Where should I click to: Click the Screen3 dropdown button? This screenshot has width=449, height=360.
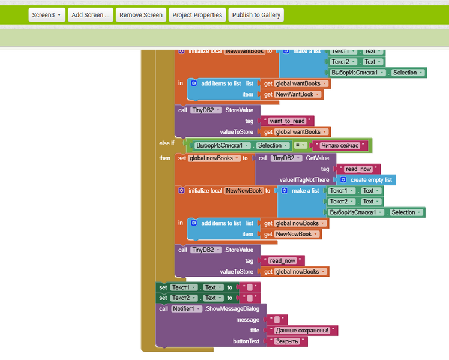(x=47, y=15)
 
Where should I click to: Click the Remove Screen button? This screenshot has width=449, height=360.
(x=141, y=15)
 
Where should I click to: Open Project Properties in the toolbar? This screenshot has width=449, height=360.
(x=197, y=15)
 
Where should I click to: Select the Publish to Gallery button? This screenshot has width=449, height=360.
(x=256, y=15)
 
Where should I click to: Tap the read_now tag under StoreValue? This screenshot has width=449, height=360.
(x=282, y=261)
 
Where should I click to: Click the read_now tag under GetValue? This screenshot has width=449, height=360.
(x=358, y=169)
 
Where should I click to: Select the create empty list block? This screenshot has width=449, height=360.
(x=370, y=180)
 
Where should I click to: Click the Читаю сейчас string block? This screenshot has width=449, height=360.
(x=340, y=145)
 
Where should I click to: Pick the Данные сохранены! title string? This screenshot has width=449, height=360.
(x=302, y=331)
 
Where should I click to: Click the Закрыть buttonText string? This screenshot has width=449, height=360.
(x=286, y=341)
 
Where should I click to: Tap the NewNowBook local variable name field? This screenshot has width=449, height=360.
(x=244, y=191)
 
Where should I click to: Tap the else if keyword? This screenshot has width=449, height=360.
(x=166, y=143)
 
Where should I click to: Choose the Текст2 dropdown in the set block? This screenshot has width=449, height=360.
(x=184, y=298)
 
